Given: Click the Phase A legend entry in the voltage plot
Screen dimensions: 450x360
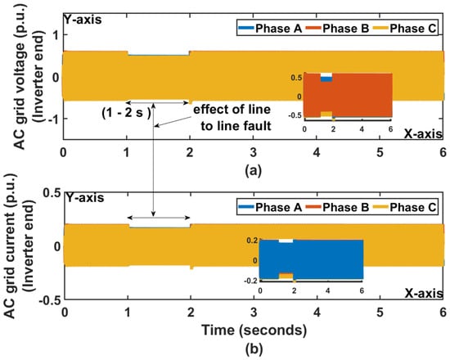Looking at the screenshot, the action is click(x=270, y=29).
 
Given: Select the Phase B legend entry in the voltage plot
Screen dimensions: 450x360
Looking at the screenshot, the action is click(x=337, y=29).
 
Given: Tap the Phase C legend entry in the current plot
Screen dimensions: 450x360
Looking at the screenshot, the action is click(x=404, y=207).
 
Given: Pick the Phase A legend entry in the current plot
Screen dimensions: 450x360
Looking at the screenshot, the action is click(x=270, y=207).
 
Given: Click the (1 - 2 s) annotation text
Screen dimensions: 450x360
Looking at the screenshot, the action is click(x=126, y=113).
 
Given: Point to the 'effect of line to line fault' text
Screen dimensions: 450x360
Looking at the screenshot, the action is click(x=232, y=118).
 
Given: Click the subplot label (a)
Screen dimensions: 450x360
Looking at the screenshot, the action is click(x=253, y=170).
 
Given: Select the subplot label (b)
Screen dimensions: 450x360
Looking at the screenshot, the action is click(x=254, y=349).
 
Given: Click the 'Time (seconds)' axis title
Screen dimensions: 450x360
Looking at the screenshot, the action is click(x=254, y=331).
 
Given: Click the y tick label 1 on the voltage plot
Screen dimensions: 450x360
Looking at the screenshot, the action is click(x=56, y=35).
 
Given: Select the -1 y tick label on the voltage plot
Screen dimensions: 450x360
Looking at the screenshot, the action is click(x=54, y=119).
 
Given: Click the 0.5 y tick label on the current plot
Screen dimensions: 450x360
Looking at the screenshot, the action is click(x=52, y=192).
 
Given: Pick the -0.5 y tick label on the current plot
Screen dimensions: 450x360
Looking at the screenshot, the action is click(x=50, y=300).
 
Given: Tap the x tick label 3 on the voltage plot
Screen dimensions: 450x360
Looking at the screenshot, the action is click(x=253, y=153).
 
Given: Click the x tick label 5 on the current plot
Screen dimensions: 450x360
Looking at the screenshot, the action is click(x=380, y=312).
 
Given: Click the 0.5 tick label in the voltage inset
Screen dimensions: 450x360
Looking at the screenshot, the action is click(x=296, y=78).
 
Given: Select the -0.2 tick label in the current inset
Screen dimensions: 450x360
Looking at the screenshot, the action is click(x=250, y=281).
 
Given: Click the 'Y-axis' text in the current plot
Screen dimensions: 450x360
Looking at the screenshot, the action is click(x=84, y=198).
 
